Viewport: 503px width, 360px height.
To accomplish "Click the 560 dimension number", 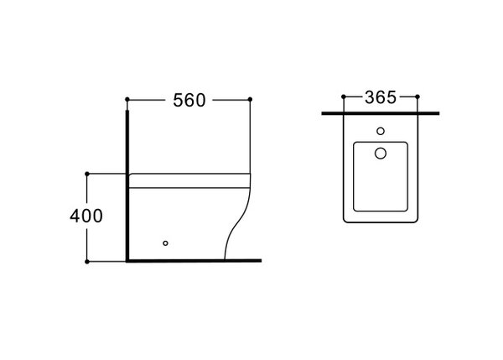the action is [189, 100].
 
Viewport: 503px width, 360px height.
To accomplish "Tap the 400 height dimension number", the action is [86, 216].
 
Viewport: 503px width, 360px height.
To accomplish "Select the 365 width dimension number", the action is [381, 97].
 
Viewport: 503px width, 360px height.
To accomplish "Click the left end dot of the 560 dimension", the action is [127, 99].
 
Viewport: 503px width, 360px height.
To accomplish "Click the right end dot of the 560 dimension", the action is [250, 99].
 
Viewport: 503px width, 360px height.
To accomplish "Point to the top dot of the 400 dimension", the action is [87, 174].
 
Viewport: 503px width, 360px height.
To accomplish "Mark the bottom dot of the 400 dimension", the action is [87, 262].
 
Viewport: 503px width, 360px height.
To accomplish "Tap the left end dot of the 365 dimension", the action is [344, 97].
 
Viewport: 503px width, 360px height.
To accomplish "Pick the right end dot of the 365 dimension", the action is [417, 97].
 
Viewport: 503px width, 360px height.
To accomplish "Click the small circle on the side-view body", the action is [165, 243].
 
